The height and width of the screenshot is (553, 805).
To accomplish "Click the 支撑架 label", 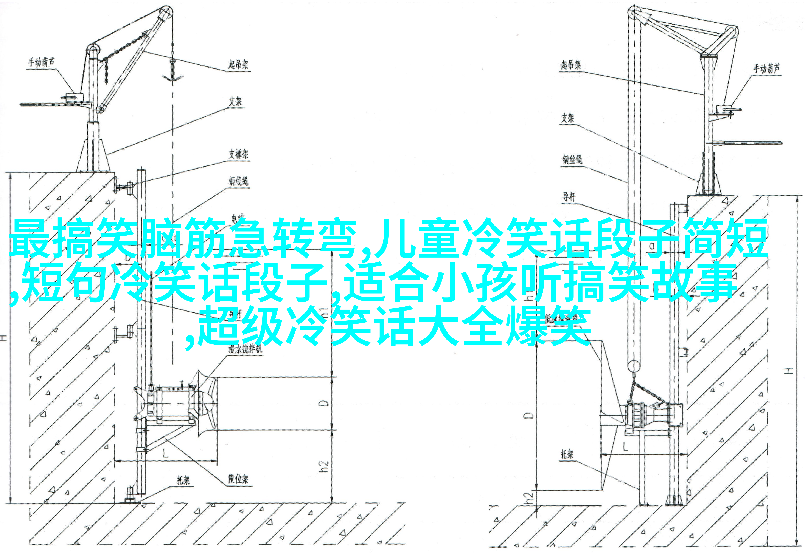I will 239,154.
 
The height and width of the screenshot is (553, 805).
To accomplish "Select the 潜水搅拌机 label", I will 245,349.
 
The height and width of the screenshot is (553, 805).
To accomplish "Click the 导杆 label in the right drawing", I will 569,197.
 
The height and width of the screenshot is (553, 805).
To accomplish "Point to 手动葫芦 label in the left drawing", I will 41,62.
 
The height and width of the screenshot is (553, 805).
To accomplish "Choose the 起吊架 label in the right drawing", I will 571,65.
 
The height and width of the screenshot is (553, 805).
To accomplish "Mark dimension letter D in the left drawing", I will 323,403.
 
